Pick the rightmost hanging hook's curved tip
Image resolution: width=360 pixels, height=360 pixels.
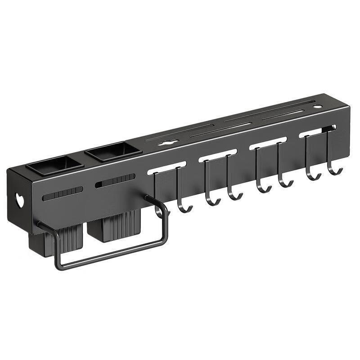point(335,171)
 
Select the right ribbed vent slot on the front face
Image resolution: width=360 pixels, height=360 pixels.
point(115,181)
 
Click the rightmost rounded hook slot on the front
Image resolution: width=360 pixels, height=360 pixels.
point(317,131)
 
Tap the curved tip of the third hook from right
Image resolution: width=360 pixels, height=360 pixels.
point(285,183)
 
